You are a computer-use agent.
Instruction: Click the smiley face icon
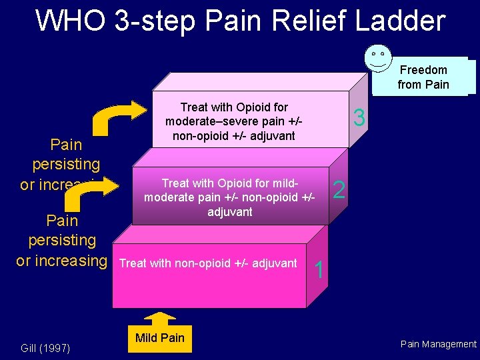(378, 57)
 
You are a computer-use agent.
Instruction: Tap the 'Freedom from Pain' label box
(423, 77)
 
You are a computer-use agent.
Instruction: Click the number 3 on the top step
(359, 118)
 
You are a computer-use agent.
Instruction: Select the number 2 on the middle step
(339, 191)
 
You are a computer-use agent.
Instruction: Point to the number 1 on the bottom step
(319, 270)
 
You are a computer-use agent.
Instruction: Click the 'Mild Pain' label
(159, 338)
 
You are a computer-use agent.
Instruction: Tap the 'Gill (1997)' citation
(46, 348)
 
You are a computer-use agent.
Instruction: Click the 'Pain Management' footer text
(438, 344)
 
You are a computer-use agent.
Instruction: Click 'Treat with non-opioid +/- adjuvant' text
(207, 263)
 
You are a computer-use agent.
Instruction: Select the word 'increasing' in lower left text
(74, 261)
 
